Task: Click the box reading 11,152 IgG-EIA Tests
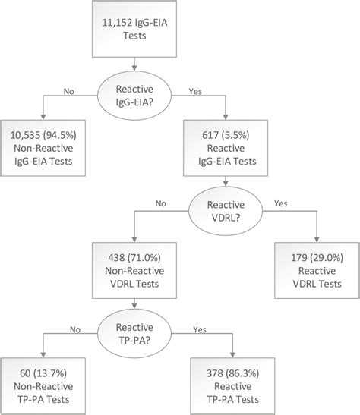pos(134,29)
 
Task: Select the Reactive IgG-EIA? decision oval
pos(134,96)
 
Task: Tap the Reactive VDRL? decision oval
pos(226,211)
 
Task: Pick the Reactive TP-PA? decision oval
pos(134,334)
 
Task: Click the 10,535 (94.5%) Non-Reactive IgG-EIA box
pos(43,148)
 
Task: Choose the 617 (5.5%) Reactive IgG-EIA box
pos(226,148)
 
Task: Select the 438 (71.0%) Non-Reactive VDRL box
pos(134,271)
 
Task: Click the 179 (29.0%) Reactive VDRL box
pos(317,271)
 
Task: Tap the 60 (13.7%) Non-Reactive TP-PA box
pos(43,386)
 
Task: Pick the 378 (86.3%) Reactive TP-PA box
pos(232,386)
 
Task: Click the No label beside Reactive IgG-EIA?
pos(68,91)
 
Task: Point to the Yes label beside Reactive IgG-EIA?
pos(195,91)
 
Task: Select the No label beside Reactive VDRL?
pos(160,203)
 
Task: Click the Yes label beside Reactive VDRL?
pos(281,203)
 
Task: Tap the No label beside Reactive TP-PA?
pos(75,329)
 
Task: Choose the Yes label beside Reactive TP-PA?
pos(200,329)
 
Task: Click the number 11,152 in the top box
pos(117,23)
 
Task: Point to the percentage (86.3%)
pos(242,373)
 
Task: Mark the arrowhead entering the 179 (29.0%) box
pos(317,240)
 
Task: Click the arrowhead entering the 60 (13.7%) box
pos(43,355)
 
